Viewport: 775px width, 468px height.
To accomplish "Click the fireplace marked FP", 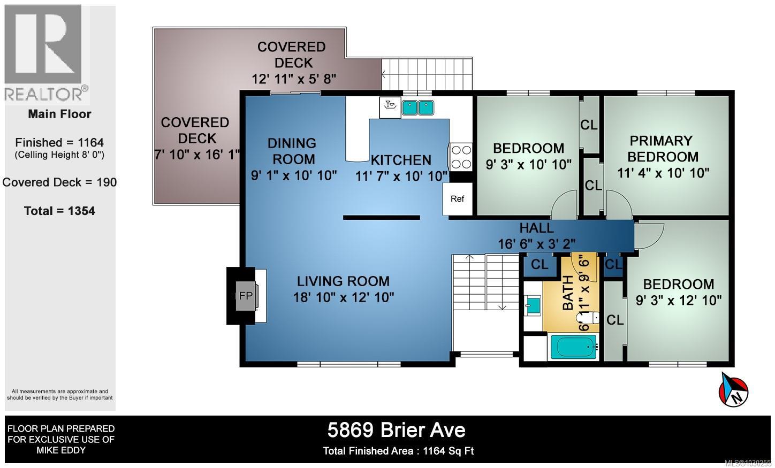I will (x=246, y=295).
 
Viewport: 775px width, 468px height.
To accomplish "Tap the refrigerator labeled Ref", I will (x=457, y=199).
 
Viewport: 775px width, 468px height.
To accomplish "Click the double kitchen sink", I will (x=417, y=108).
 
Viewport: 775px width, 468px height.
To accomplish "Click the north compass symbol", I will (x=733, y=389).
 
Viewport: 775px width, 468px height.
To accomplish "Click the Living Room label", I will (x=343, y=281).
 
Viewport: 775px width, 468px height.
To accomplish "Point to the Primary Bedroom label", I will (x=663, y=149).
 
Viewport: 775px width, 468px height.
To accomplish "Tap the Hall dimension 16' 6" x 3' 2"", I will (x=536, y=244).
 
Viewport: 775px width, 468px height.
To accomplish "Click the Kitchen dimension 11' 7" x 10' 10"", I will (x=401, y=175).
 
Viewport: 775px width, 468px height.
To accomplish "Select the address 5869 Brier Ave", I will (x=396, y=429).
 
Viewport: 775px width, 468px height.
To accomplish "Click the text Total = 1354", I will (x=59, y=211).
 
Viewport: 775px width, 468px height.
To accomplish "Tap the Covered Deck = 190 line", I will (x=59, y=182).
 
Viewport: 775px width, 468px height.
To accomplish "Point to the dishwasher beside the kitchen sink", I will (x=390, y=107).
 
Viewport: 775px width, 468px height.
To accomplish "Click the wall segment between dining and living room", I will (x=381, y=218).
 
